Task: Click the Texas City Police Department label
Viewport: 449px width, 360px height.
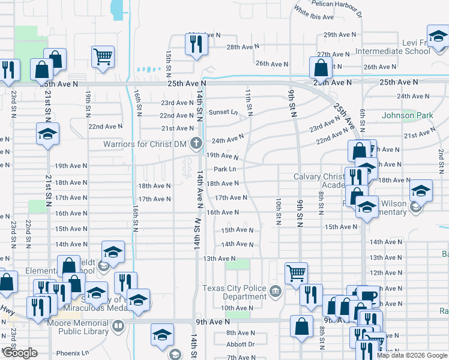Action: pos(234,292)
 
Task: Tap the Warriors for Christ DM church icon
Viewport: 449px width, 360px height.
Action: pos(195,143)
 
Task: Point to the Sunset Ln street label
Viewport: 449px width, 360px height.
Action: pos(223,112)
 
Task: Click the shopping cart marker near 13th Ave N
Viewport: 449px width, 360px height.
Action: pos(296,273)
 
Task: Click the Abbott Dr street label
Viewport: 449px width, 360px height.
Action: pos(241,344)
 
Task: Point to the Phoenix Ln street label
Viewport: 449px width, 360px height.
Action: pos(72,353)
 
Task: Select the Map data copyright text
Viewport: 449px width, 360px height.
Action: pos(412,355)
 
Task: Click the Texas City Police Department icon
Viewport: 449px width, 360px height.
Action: pos(275,292)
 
